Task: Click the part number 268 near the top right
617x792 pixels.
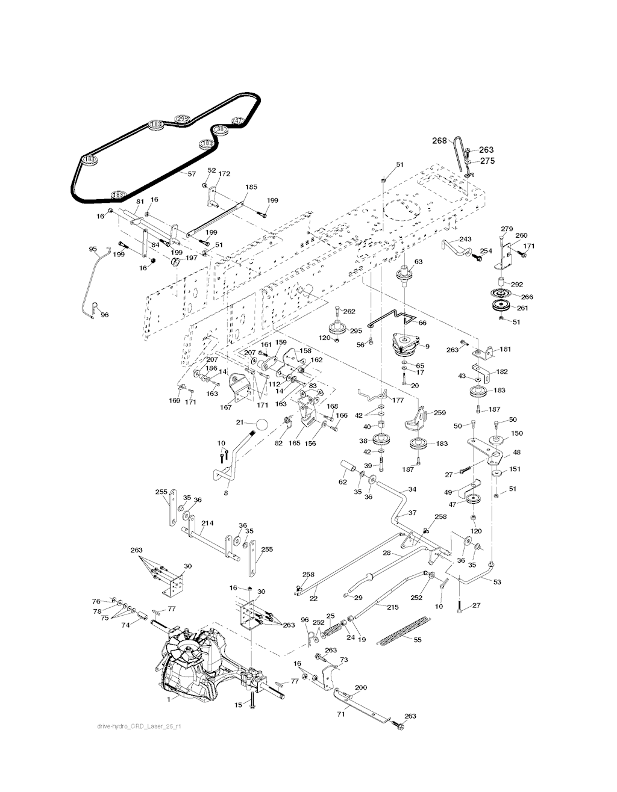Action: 439,140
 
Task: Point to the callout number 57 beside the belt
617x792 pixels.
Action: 192,173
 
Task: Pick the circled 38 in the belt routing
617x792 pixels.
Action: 221,129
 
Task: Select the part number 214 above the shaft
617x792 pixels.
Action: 207,523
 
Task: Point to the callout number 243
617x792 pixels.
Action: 465,240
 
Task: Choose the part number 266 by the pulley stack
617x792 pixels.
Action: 527,297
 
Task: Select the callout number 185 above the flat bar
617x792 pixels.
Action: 251,187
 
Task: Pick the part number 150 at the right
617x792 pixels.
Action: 516,433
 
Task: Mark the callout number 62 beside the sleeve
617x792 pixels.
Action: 342,481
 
